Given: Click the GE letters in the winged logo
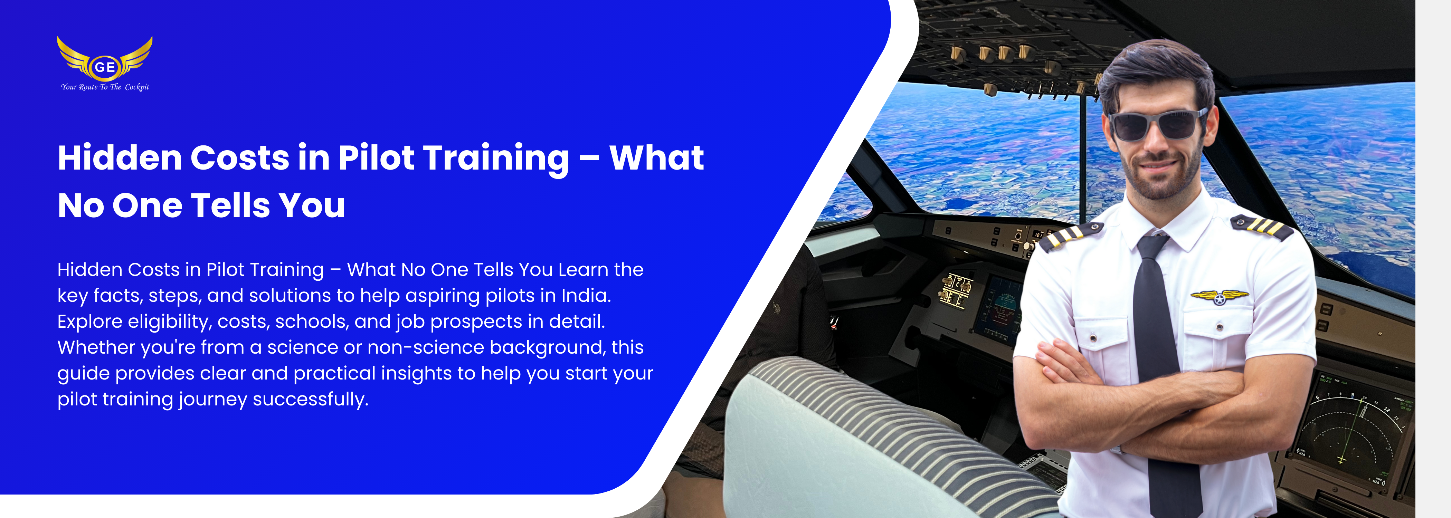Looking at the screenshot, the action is pyautogui.click(x=105, y=67).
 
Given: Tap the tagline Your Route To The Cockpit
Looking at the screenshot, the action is pyautogui.click(x=105, y=87).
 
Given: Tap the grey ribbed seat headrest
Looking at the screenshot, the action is pyautogui.click(x=879, y=439).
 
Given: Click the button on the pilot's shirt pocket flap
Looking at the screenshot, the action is pyautogui.click(x=1220, y=327).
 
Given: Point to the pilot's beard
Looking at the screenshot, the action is pyautogui.click(x=1160, y=172).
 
